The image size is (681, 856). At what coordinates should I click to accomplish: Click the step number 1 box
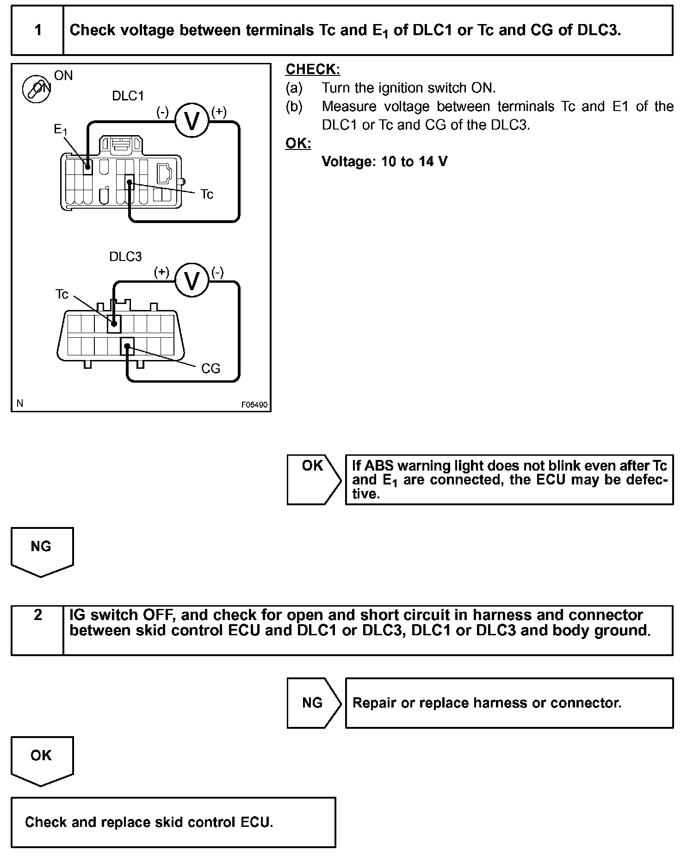[37, 31]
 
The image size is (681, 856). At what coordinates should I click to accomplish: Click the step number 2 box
[37, 630]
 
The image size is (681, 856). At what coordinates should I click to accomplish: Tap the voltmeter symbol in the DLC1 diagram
[192, 120]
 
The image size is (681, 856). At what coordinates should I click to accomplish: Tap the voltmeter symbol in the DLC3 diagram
[192, 280]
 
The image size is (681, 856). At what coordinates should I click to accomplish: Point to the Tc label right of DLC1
[207, 195]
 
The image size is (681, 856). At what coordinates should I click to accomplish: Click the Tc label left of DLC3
[62, 294]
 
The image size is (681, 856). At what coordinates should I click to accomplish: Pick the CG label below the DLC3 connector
[210, 369]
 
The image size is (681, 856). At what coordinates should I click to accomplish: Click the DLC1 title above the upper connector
[128, 96]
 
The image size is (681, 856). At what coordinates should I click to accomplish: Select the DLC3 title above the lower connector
[125, 257]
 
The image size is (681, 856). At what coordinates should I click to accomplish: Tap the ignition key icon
[37, 88]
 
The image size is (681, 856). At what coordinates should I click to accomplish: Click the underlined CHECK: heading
[313, 69]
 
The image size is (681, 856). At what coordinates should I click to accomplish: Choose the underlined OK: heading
[298, 143]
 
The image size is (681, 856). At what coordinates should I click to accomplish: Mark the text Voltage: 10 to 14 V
[384, 161]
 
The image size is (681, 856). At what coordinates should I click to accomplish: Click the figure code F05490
[254, 405]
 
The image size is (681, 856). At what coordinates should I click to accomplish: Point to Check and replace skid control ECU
[149, 822]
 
